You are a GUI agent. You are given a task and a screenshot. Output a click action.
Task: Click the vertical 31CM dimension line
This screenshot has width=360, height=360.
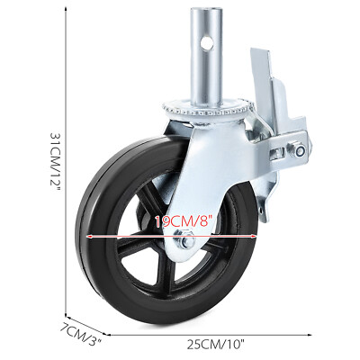pyautogui.click(x=68, y=162)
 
